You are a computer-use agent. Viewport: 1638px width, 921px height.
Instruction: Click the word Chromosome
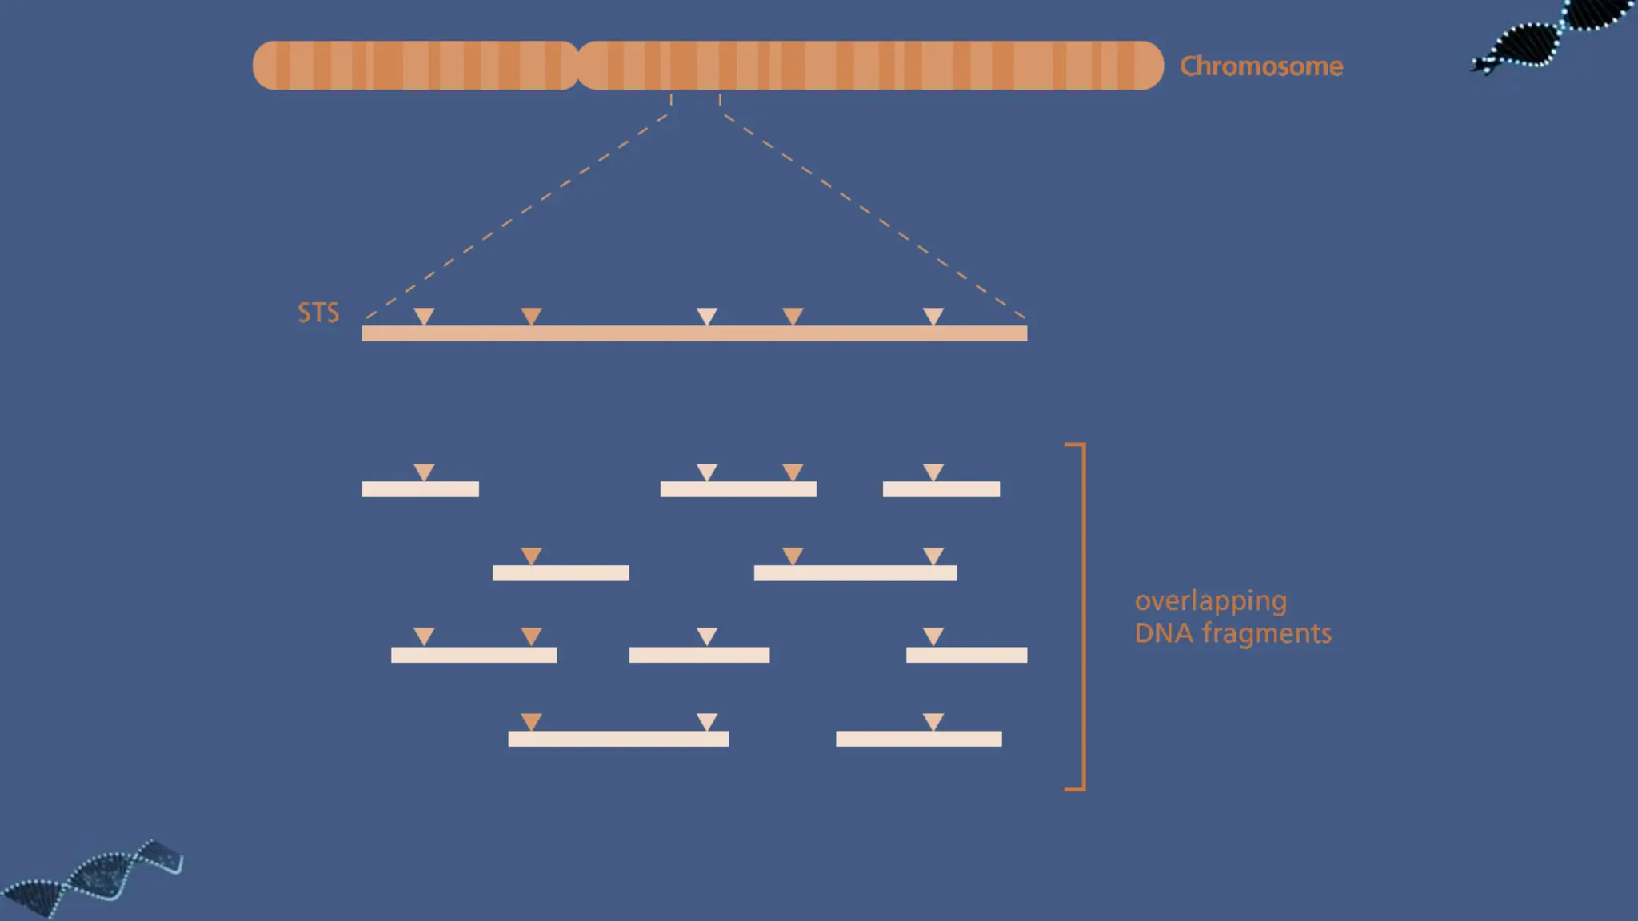click(x=1260, y=66)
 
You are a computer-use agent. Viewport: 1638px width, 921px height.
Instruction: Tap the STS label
click(x=318, y=313)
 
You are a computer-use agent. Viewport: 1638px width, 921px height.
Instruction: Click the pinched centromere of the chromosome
click(x=577, y=66)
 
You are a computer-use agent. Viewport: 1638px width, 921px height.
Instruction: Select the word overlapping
click(x=1210, y=601)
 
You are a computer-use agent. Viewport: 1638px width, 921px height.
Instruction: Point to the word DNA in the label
click(x=1164, y=633)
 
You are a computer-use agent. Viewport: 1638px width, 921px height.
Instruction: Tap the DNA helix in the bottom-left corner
click(x=92, y=879)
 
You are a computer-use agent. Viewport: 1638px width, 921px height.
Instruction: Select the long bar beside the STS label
click(x=694, y=333)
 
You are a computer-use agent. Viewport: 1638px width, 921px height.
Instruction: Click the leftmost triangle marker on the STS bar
click(x=424, y=316)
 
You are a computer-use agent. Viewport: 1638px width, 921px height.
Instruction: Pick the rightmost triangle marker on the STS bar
click(x=933, y=316)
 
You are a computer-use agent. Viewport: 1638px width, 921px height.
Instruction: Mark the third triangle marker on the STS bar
click(x=706, y=316)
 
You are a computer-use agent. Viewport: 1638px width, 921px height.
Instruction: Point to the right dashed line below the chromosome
click(x=873, y=216)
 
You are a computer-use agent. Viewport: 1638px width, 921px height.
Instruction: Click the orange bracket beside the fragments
click(x=1083, y=616)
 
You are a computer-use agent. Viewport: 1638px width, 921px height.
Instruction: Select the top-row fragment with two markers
click(x=737, y=489)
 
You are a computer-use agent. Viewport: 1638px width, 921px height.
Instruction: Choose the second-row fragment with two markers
click(x=855, y=573)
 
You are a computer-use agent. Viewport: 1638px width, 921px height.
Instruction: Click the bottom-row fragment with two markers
click(x=618, y=739)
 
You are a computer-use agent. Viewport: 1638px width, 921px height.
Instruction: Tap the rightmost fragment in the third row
click(x=966, y=656)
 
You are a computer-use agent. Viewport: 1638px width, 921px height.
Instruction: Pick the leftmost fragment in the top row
click(x=420, y=489)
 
